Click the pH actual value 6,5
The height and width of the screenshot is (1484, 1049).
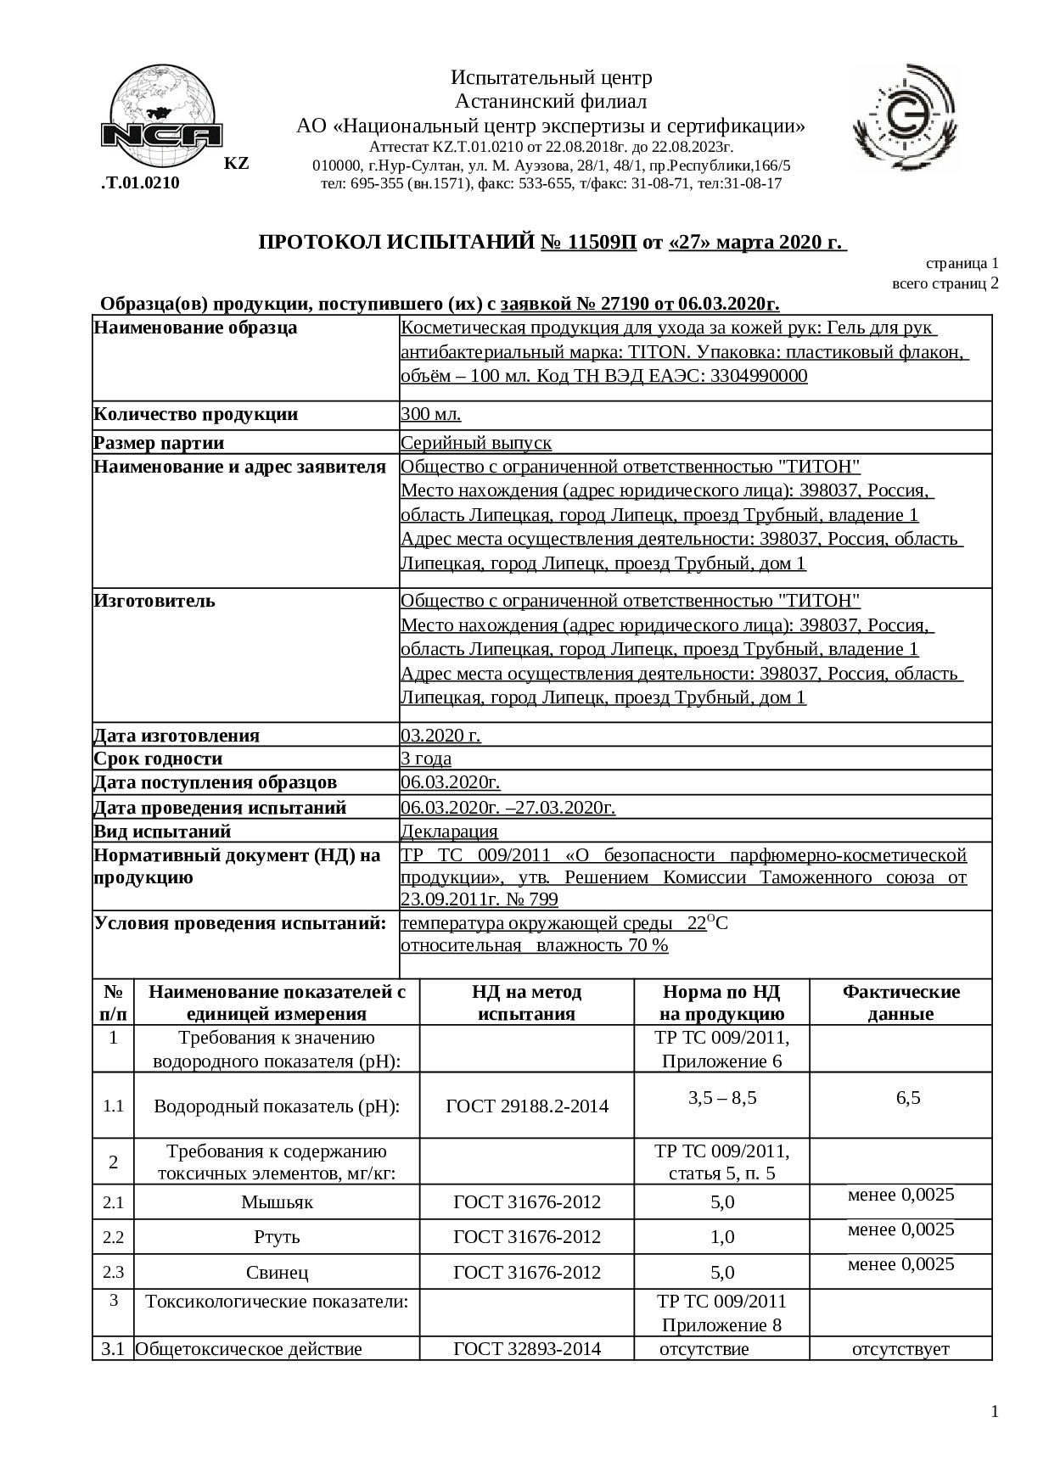tap(907, 1098)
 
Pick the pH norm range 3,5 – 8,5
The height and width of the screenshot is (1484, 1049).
tap(722, 1098)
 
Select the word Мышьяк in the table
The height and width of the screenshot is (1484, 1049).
tap(277, 1201)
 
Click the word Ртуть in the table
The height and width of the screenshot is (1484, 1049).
tap(277, 1237)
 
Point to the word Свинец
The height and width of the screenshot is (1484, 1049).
tap(277, 1272)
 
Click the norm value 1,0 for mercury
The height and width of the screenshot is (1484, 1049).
tap(722, 1237)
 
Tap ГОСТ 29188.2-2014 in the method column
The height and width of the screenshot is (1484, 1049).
tap(527, 1106)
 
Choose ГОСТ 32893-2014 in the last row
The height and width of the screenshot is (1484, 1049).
tap(527, 1348)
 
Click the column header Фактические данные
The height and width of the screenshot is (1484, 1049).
tap(900, 1002)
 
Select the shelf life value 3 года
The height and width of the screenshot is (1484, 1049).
tap(425, 759)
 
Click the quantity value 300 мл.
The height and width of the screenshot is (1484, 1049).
tap(430, 414)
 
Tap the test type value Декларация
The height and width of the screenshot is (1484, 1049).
tap(449, 832)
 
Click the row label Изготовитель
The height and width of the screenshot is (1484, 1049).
tap(154, 601)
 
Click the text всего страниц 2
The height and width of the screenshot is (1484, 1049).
tap(945, 283)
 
